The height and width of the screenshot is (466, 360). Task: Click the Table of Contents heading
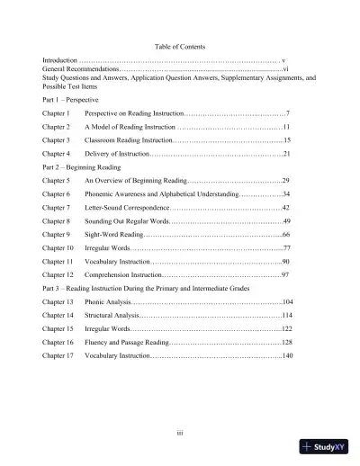tap(179, 46)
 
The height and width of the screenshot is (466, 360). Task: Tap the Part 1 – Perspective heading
tap(75, 98)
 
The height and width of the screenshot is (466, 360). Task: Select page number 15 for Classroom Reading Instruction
tap(285, 141)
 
